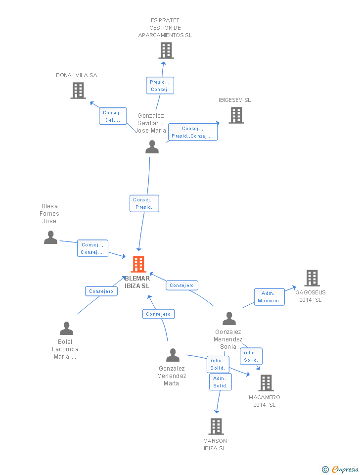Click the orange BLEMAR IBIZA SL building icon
[138, 264]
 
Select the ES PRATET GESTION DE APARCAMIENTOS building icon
[166, 50]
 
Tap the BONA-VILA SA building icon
[78, 91]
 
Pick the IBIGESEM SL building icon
[236, 115]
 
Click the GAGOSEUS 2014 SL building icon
[312, 278]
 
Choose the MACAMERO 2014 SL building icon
[266, 383]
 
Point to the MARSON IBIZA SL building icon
[216, 427]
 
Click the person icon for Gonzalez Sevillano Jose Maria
[152, 147]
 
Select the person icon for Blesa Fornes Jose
[50, 237]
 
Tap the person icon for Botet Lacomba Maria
[67, 329]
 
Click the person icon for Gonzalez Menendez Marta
[173, 355]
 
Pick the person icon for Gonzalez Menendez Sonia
[229, 318]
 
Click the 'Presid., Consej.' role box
[160, 86]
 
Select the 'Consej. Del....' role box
[113, 116]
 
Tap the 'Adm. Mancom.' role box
[269, 297]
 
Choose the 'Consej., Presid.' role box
[144, 203]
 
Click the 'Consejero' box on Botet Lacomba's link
[101, 291]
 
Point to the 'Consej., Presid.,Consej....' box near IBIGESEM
[193, 132]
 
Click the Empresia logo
[340, 469]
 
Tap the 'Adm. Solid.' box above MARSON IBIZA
[221, 382]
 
